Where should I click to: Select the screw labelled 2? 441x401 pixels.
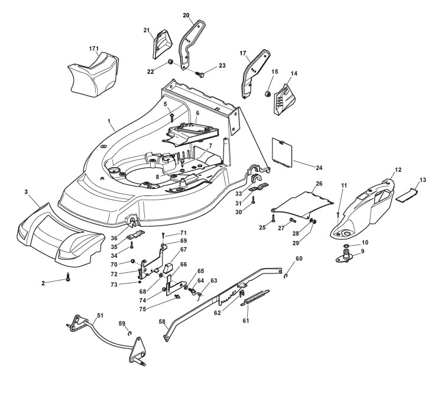tap(68, 278)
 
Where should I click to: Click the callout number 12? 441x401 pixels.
tap(398, 170)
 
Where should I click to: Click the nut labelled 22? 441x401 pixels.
tap(169, 63)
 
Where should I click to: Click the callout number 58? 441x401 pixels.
tap(162, 322)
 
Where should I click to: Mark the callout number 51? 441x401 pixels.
tap(99, 316)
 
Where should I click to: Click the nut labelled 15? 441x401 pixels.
tap(267, 93)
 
